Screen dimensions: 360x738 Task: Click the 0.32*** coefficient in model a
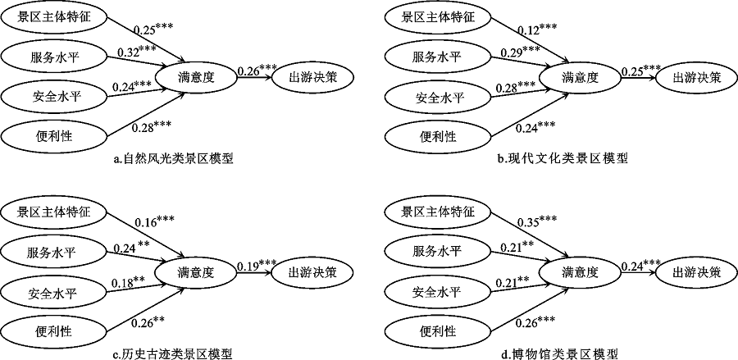[137, 53]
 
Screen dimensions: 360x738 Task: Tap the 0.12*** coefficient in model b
[537, 30]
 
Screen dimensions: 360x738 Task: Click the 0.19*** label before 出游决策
[257, 264]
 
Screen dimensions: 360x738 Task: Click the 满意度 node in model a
[197, 78]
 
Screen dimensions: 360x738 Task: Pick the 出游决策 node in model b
[696, 78]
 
